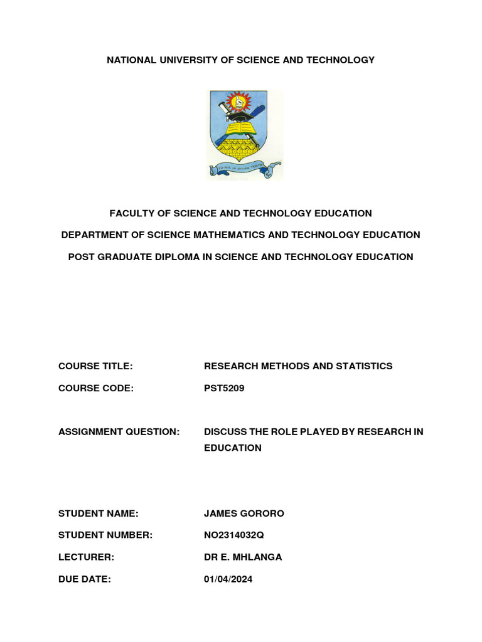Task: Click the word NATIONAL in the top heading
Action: click(x=131, y=60)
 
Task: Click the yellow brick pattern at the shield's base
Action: click(x=239, y=149)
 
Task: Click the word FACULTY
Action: click(x=132, y=214)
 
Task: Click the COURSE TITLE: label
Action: click(x=95, y=366)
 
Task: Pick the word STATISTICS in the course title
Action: click(x=363, y=366)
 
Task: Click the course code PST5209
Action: click(x=224, y=388)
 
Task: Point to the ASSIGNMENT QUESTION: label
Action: click(x=119, y=432)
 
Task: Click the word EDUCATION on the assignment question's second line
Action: click(x=232, y=448)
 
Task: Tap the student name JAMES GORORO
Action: click(x=244, y=513)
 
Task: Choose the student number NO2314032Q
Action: click(x=238, y=535)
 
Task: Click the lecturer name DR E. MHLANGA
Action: click(x=242, y=557)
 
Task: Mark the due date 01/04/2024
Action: click(x=228, y=579)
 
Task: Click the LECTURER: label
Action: click(x=86, y=557)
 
